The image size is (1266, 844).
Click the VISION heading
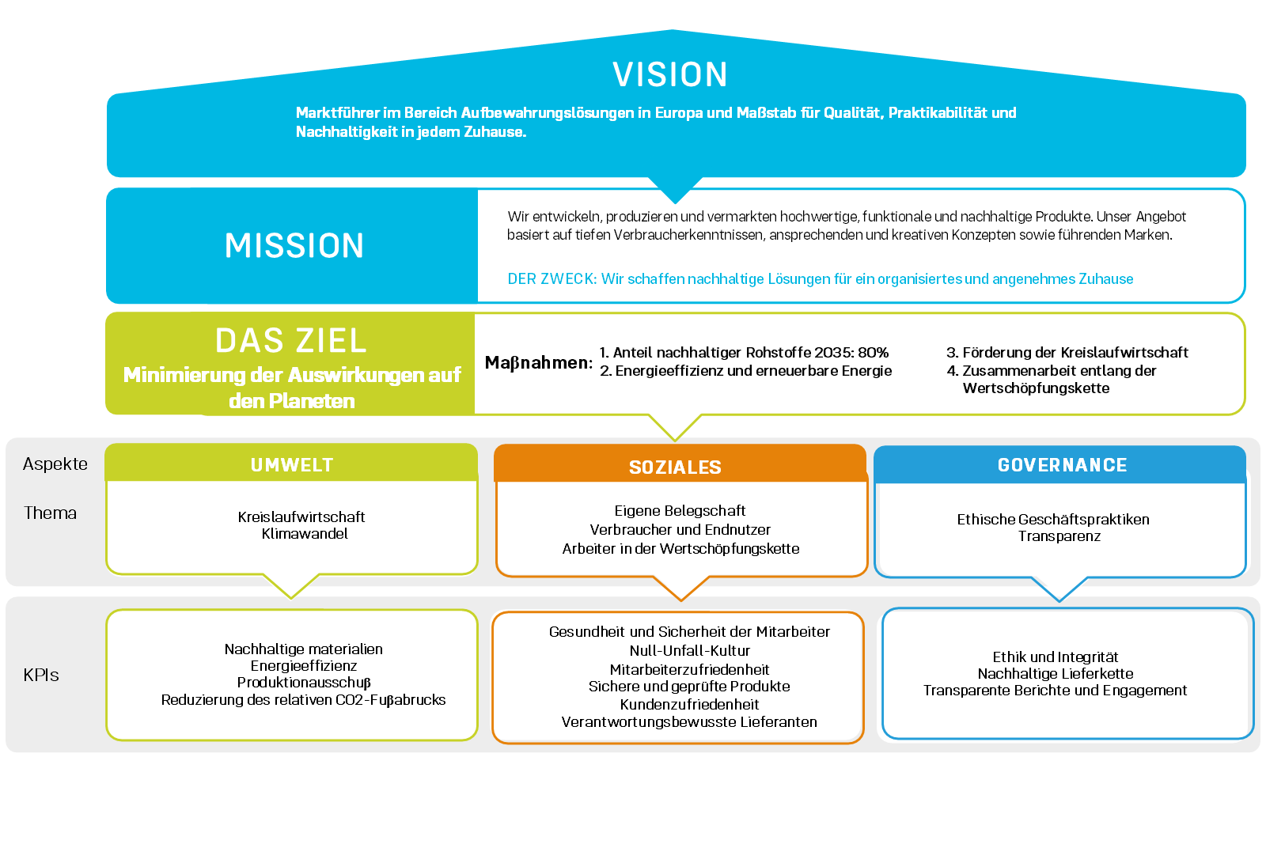[670, 75]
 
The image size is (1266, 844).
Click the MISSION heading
[294, 246]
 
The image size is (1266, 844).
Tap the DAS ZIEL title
[291, 341]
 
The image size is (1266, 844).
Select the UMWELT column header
[292, 465]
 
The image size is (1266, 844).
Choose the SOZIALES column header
[675, 467]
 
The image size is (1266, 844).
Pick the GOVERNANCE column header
[1062, 465]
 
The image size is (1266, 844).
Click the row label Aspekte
[55, 464]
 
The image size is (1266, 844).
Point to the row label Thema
[50, 513]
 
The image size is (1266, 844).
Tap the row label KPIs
[41, 676]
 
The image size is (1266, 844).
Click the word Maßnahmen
[538, 363]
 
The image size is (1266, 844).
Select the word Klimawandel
[305, 534]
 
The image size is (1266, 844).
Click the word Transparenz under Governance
[1059, 536]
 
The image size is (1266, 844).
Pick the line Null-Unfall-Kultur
[689, 651]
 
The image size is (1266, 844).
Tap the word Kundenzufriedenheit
[689, 704]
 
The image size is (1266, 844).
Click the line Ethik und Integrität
[1055, 657]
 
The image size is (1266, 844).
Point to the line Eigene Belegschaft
[680, 511]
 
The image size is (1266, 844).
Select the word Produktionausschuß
[304, 683]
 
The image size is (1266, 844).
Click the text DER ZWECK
[552, 279]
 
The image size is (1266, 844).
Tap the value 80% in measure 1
[873, 353]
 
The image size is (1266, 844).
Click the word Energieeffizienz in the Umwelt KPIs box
[304, 666]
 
